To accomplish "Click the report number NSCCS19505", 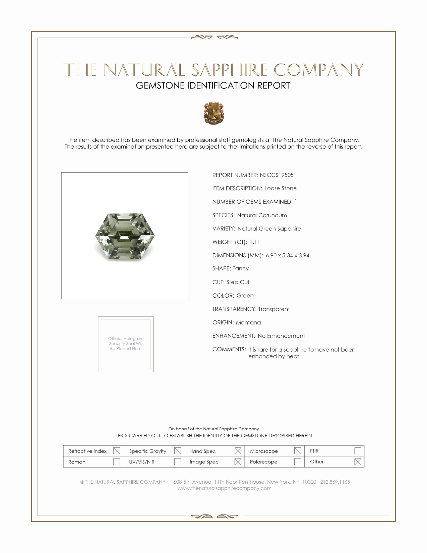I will (277, 175).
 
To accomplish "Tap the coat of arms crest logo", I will (214, 113).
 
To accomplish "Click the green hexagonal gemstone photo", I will (125, 236).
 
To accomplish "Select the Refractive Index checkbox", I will (117, 451).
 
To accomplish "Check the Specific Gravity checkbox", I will (178, 451).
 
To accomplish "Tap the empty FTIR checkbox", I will (358, 451).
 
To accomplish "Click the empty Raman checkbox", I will (117, 462).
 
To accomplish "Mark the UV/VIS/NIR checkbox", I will (178, 462).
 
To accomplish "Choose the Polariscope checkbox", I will (297, 462).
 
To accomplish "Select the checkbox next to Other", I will (358, 462).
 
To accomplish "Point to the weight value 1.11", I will (254, 242).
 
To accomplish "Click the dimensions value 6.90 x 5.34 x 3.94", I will (287, 255).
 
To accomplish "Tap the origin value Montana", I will (248, 322).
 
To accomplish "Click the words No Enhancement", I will (281, 336).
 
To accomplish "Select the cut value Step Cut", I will (238, 282).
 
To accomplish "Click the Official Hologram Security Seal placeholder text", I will (126, 343).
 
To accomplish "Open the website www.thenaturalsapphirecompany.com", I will (224, 488).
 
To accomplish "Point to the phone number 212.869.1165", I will (335, 482).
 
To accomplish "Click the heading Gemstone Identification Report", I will (213, 85).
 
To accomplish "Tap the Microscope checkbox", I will (297, 451).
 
